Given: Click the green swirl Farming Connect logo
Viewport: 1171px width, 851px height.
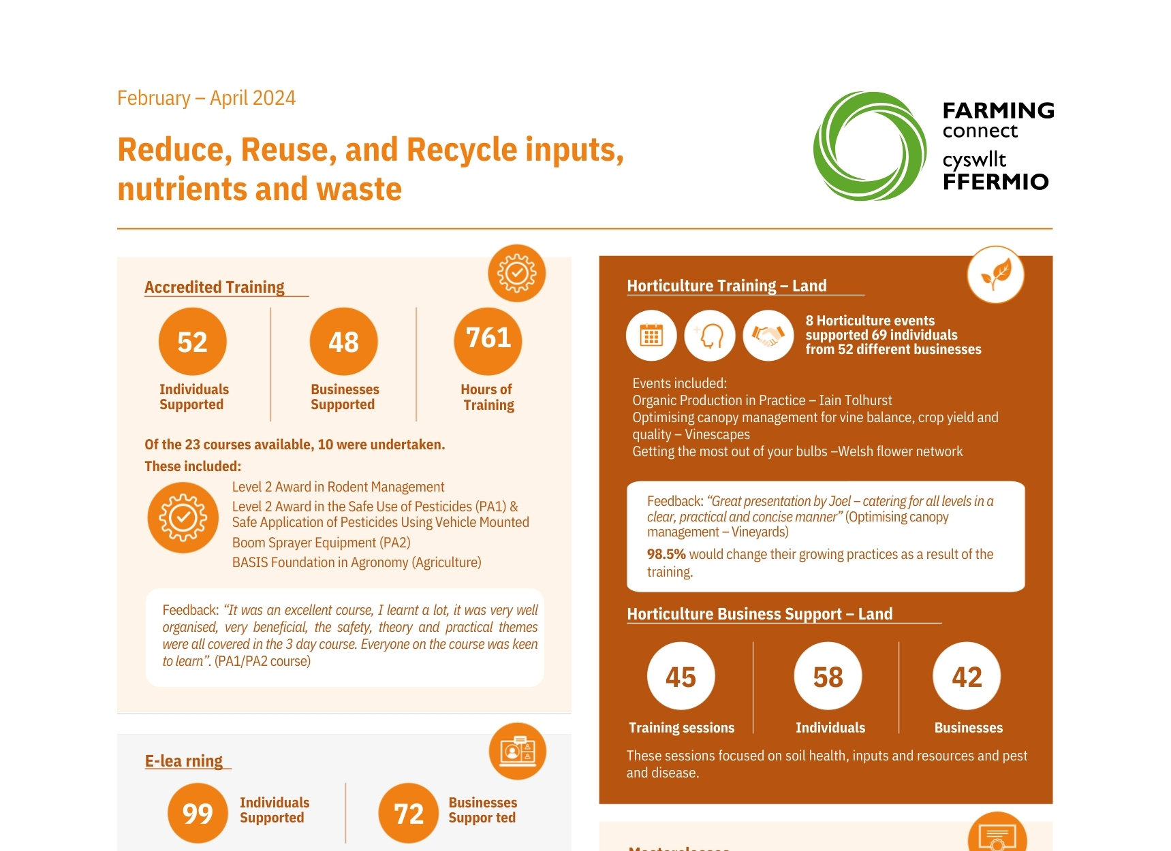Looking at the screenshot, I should pyautogui.click(x=869, y=146).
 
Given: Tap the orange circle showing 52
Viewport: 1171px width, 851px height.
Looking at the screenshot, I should pyautogui.click(x=193, y=342).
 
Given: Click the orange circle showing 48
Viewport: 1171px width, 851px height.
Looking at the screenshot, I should pyautogui.click(x=343, y=342).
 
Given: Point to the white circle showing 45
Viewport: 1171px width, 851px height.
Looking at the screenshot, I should pyautogui.click(x=681, y=677).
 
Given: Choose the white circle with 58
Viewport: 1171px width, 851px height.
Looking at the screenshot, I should pyautogui.click(x=828, y=677).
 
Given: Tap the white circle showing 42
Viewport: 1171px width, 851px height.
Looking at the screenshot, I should pyautogui.click(x=967, y=677).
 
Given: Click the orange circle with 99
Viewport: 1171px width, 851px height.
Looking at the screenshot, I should pyautogui.click(x=198, y=814).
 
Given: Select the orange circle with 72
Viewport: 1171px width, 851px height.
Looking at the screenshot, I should pyautogui.click(x=409, y=814).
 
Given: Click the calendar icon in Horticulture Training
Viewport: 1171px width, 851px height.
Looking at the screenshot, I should pyautogui.click(x=651, y=336).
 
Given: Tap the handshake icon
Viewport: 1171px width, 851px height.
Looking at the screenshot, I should pyautogui.click(x=768, y=336).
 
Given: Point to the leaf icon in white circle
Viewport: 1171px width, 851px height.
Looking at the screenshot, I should pyautogui.click(x=995, y=275).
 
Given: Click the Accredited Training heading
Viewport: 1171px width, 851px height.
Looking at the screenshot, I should pyautogui.click(x=215, y=287).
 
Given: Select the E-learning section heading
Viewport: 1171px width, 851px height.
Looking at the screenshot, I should pyautogui.click(x=184, y=761).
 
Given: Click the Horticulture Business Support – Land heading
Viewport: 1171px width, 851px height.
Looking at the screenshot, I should pyautogui.click(x=760, y=614).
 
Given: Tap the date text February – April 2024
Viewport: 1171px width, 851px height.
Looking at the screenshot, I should pyautogui.click(x=206, y=98).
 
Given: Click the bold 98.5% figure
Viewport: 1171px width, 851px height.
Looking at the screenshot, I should pyautogui.click(x=666, y=554).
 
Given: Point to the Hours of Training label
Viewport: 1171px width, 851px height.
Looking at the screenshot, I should pyautogui.click(x=488, y=398).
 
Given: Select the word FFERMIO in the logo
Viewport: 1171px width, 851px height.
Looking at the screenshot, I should pyautogui.click(x=995, y=182).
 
